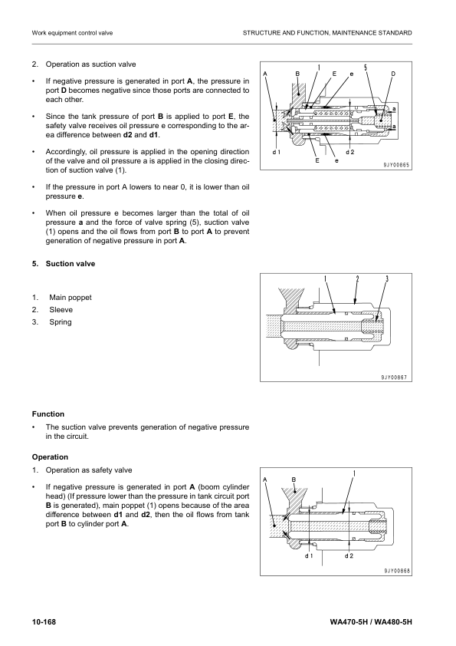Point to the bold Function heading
48,414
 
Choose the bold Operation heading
51,456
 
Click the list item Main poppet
70,297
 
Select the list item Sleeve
61,309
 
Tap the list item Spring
61,321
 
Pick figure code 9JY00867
396,377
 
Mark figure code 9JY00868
396,570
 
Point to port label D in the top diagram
393,74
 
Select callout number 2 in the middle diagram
357,279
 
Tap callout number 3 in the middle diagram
387,279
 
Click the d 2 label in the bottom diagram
349,555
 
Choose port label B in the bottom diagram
294,480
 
